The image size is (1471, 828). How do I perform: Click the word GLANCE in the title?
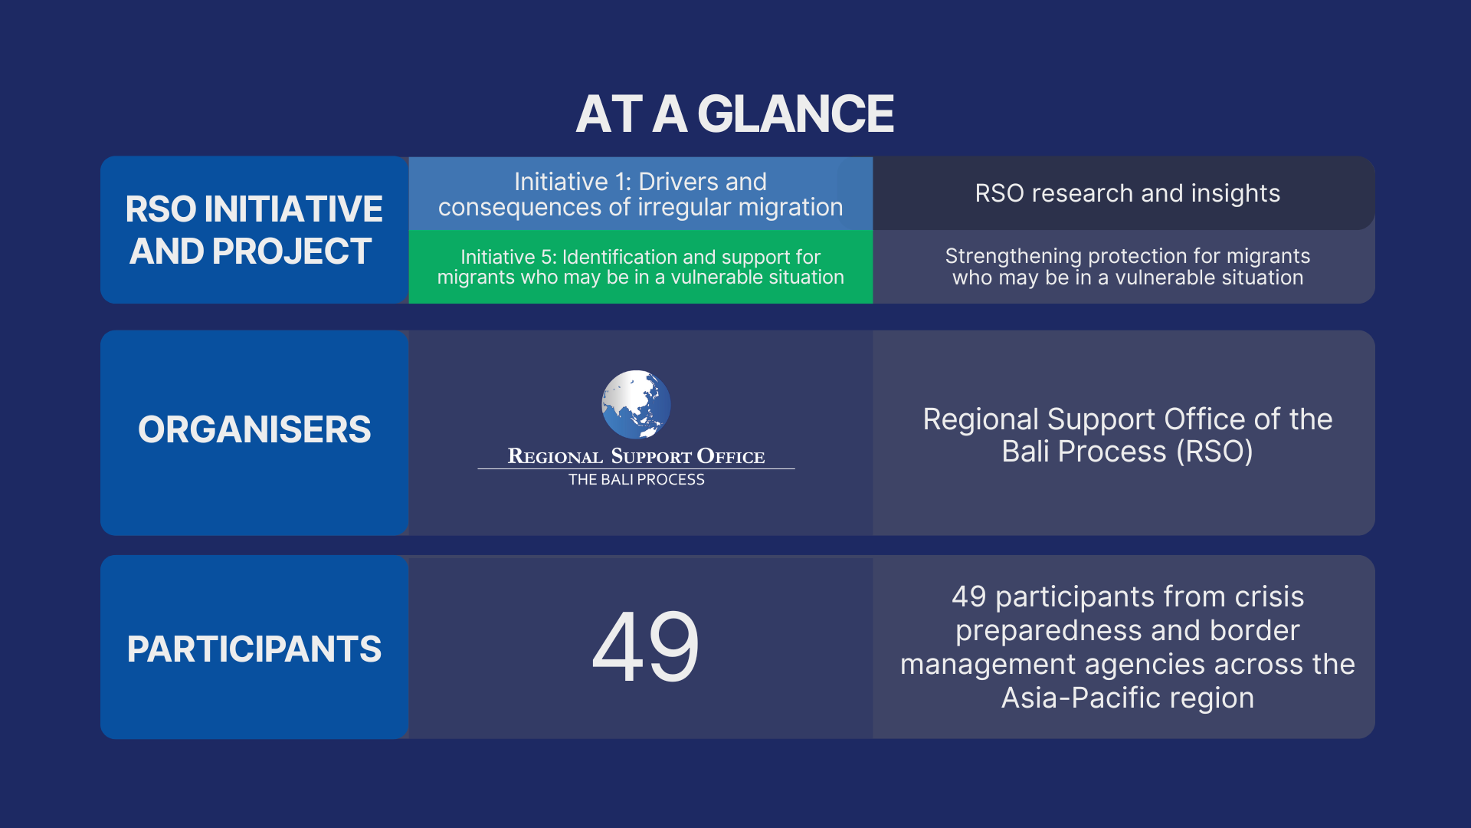tap(795, 114)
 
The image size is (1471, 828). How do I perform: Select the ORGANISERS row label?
tap(254, 429)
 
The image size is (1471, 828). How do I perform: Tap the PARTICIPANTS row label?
tap(254, 649)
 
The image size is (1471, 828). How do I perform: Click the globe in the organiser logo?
tap(636, 405)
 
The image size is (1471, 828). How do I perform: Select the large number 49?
tap(646, 646)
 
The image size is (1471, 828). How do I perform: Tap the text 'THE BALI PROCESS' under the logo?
tap(636, 480)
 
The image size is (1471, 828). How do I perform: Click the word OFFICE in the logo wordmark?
tap(730, 456)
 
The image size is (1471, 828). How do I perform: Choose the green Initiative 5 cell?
tap(640, 267)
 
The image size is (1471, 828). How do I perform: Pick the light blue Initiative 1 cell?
tap(640, 193)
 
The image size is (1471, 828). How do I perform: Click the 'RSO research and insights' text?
tap(1128, 193)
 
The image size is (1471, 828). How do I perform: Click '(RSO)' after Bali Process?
tap(1214, 452)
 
